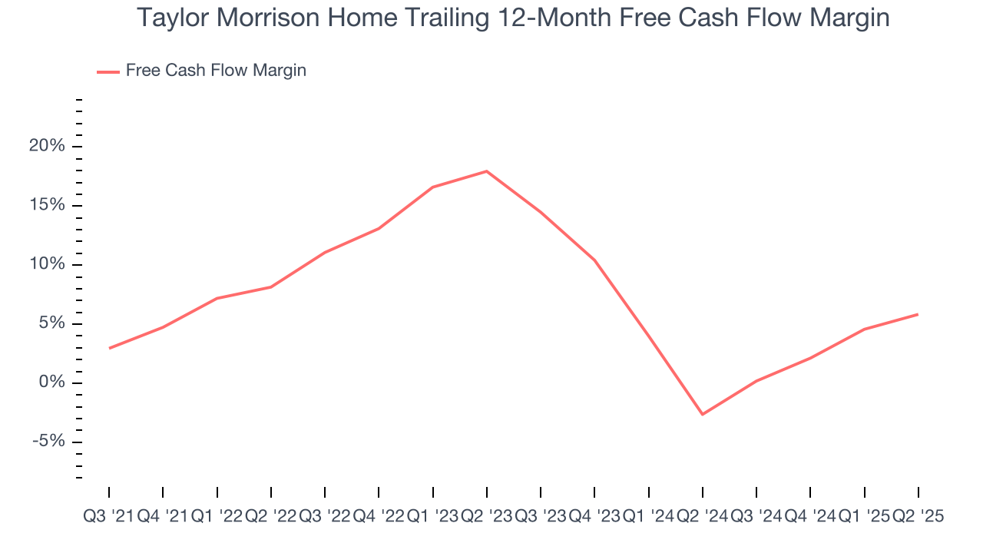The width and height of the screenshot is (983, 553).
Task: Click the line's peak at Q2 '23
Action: [487, 171]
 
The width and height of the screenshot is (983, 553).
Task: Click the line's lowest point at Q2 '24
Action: [703, 415]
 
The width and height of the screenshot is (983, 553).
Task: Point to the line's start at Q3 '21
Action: [109, 349]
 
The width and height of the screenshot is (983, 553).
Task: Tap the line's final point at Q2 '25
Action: [918, 314]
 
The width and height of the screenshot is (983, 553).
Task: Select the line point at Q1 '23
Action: [433, 187]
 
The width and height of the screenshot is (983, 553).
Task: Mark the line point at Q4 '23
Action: [595, 260]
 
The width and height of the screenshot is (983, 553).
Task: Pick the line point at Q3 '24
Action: [756, 381]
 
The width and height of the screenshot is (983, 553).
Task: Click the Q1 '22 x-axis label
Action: [217, 517]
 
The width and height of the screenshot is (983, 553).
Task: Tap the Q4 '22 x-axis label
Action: [379, 517]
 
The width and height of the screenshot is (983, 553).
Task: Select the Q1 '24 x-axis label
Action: [648, 517]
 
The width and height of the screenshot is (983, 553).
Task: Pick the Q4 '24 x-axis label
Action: [810, 517]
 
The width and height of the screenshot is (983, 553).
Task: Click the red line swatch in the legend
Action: [108, 71]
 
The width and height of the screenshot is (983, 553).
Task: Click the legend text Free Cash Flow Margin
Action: [216, 71]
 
